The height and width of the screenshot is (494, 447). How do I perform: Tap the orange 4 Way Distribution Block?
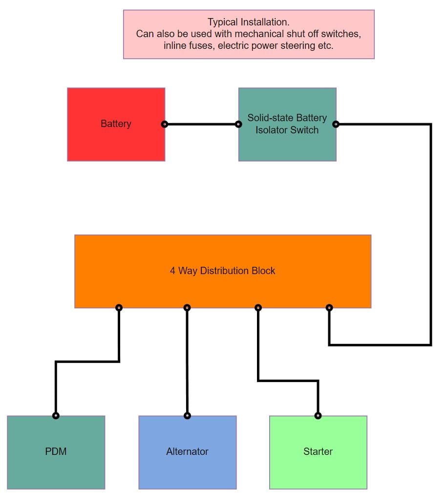(x=223, y=288)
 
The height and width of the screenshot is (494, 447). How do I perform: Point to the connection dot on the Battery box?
(x=165, y=124)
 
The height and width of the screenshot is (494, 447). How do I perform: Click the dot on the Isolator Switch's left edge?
(x=238, y=124)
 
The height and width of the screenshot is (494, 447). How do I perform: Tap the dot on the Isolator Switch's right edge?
(x=336, y=124)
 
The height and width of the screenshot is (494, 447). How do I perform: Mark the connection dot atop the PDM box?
(x=56, y=416)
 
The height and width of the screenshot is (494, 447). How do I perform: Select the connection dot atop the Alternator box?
(x=187, y=416)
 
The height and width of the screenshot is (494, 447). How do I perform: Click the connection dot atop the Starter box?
(x=318, y=416)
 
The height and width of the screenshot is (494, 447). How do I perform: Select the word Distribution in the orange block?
(x=223, y=271)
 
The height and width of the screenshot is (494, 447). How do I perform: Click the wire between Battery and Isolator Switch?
(x=201, y=124)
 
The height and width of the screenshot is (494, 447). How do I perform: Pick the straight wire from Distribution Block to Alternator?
(x=187, y=362)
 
